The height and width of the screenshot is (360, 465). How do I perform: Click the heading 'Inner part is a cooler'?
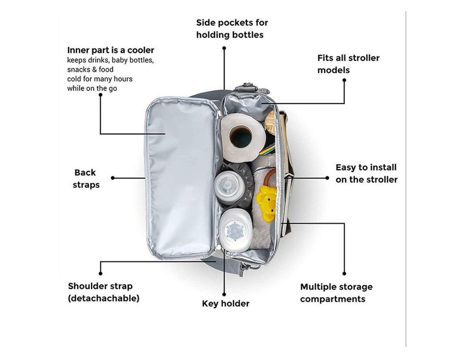(110, 50)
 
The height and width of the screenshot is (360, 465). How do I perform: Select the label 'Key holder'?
(225, 303)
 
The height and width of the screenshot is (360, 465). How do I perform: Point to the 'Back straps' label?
(86, 179)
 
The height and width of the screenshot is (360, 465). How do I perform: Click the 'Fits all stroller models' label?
(348, 64)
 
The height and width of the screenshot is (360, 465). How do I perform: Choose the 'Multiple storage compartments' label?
(336, 293)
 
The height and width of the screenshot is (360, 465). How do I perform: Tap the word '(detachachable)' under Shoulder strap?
(103, 298)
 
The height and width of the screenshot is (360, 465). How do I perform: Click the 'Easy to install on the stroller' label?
(366, 173)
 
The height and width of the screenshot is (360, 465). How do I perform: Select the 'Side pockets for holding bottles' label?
(232, 28)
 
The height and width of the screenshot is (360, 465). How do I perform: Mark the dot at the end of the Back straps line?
(113, 178)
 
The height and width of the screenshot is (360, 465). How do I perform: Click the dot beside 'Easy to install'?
(327, 178)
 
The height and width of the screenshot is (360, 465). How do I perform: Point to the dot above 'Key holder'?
(224, 294)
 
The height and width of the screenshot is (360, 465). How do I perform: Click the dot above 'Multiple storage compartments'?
(344, 274)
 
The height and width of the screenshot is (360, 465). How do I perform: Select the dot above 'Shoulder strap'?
(101, 274)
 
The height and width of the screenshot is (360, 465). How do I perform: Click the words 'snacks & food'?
(90, 69)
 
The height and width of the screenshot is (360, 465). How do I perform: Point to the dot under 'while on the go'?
(101, 95)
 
